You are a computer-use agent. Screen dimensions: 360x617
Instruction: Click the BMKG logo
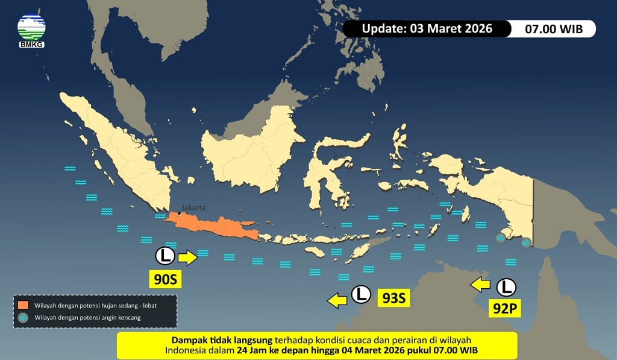pos(31,30)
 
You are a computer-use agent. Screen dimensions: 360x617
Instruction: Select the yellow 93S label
pos(394,298)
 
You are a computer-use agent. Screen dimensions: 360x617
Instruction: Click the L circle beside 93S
pos(361,294)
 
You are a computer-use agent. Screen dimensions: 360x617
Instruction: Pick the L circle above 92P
pos(506,286)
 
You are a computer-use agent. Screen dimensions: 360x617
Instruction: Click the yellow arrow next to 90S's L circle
pos(188,257)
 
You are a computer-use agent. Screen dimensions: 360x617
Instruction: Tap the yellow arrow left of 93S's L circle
pos(337,298)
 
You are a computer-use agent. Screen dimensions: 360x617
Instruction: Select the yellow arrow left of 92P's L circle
pos(481,284)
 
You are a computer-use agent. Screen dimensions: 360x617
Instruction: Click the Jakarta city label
pos(193,207)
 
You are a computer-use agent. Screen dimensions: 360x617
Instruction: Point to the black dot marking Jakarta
pos(179,213)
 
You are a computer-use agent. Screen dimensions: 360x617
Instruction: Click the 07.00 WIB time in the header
pos(554,29)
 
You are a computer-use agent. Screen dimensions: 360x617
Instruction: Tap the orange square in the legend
pos(23,305)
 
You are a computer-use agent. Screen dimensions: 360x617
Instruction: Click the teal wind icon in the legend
pos(23,317)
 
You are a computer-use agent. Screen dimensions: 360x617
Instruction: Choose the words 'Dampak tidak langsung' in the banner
pos(223,339)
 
